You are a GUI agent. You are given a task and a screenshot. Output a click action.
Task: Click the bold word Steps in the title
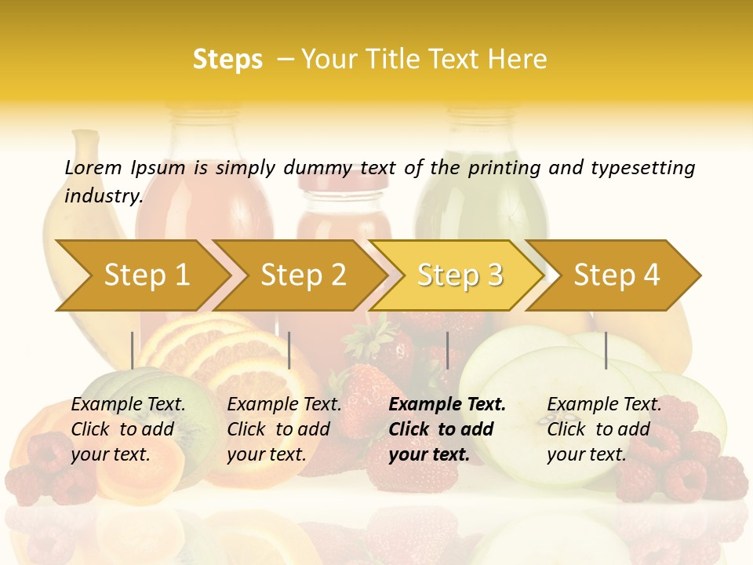(227, 60)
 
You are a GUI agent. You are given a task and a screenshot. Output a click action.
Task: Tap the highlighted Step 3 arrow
(460, 275)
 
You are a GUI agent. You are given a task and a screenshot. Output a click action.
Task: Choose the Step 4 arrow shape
(617, 275)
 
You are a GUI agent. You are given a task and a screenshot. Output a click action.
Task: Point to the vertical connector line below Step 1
(132, 350)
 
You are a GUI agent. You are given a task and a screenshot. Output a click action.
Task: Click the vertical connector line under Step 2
(289, 350)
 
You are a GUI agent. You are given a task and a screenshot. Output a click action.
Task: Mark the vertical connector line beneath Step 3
(447, 350)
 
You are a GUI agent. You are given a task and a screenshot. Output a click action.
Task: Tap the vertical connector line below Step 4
(606, 350)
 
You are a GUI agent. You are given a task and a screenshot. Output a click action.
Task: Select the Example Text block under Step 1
(128, 429)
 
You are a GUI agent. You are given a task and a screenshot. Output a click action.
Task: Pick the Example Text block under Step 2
(284, 429)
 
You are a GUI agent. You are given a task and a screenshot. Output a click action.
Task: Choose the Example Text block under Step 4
(604, 429)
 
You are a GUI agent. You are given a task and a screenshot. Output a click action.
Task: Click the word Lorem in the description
(93, 167)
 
